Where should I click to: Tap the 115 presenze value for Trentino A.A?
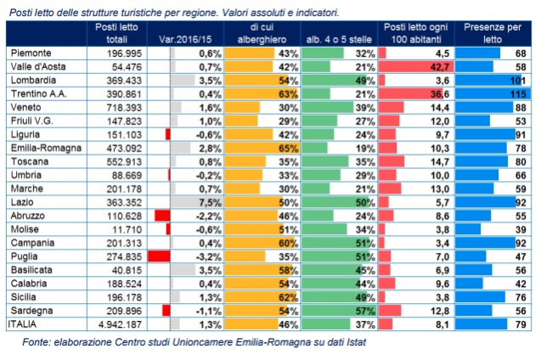[x=521, y=93]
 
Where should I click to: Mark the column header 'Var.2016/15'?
[x=185, y=39]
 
